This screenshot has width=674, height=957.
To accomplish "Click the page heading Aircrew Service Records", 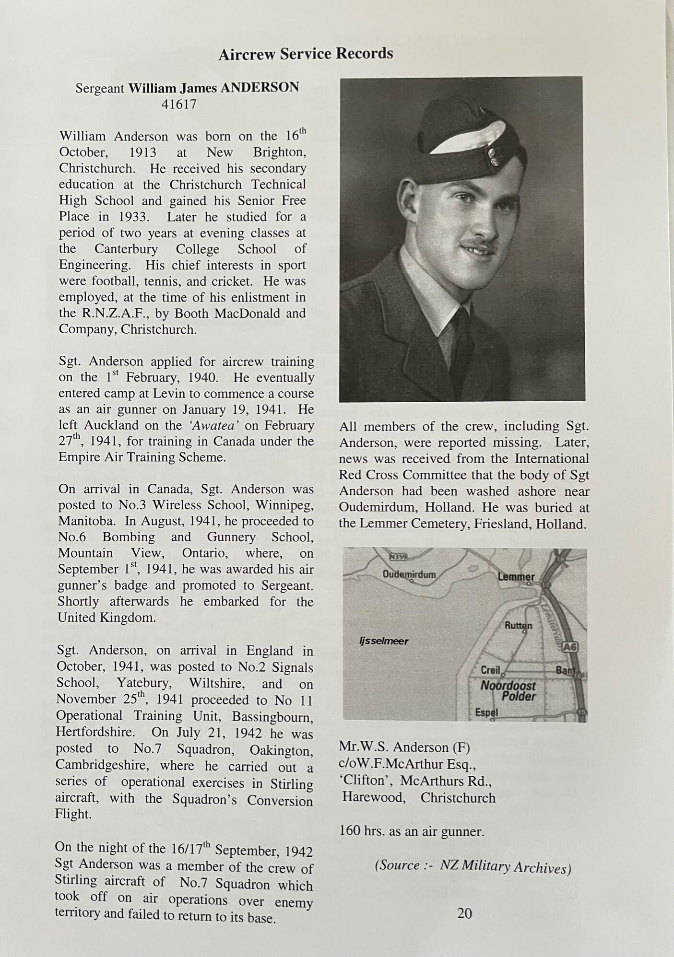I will pos(306,53).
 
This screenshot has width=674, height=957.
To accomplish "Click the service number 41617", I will pos(179,104).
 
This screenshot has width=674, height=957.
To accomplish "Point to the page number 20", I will pos(464,913).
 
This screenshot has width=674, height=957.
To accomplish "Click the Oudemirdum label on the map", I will pos(409,574).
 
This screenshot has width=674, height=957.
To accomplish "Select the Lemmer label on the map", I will pos(516,577).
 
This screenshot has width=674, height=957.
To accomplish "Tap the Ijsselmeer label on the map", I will pos(384,641).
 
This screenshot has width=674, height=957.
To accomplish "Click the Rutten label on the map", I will pos(518,625).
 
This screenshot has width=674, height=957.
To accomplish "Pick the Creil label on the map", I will pos(490,670).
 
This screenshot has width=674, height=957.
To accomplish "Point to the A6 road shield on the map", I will pos(570,647).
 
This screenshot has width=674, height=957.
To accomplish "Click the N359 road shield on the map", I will pos(398,557).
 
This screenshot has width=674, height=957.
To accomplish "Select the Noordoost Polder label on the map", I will pos(508,690).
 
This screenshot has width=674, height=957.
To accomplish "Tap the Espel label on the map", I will pos(486,712).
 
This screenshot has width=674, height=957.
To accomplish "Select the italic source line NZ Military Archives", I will pos(473,866).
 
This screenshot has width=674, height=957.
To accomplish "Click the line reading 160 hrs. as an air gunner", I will pos(412,831).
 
